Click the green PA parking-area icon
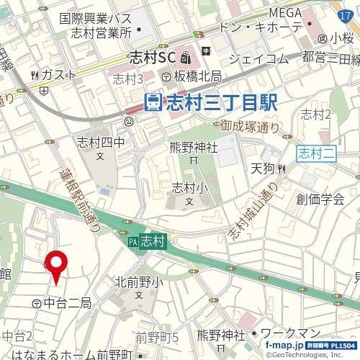coord(132,244)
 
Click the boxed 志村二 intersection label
coord(311,152)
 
